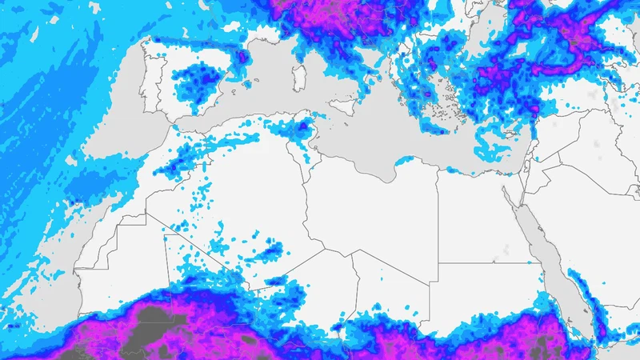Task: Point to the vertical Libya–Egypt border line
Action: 438,216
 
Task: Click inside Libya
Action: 376,208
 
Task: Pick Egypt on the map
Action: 480,216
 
